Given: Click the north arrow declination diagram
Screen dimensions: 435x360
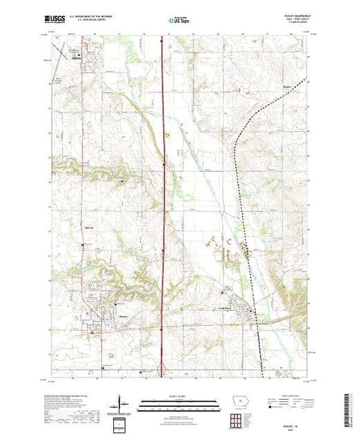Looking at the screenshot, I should (x=122, y=403).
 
